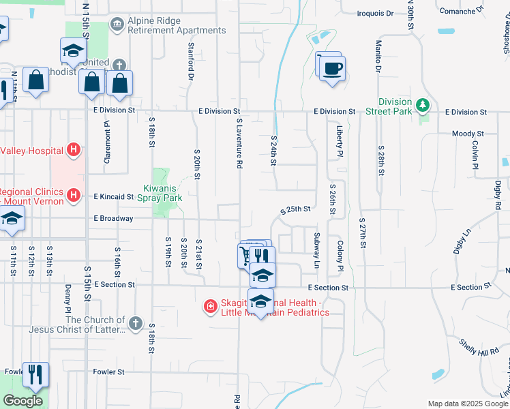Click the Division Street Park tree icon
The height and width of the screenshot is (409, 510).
click(x=423, y=104)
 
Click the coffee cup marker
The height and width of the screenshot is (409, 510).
click(x=332, y=68)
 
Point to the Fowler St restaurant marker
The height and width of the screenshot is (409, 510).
click(x=35, y=374)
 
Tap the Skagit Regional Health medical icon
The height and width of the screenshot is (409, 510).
click(x=211, y=307)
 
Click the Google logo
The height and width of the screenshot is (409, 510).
click(x=22, y=401)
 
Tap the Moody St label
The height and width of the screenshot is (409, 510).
click(x=468, y=134)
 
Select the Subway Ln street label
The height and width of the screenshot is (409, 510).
click(x=316, y=250)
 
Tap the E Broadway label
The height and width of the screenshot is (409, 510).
click(x=114, y=219)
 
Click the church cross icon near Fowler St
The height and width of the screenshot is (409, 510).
click(x=135, y=322)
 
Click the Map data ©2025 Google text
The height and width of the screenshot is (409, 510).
click(x=467, y=404)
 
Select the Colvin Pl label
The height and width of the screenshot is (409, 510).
click(x=472, y=155)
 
